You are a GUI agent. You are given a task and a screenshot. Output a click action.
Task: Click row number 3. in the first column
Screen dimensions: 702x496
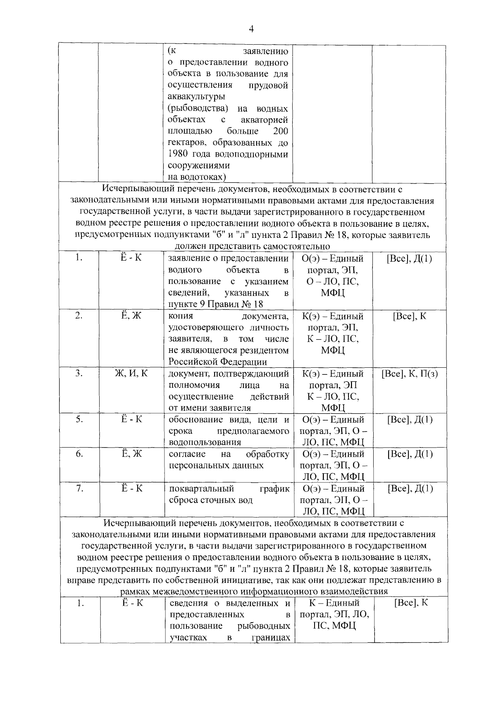click(79, 373)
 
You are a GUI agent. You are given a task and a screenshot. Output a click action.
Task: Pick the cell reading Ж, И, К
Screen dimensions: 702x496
click(131, 373)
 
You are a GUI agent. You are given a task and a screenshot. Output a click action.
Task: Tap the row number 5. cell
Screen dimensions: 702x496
click(79, 419)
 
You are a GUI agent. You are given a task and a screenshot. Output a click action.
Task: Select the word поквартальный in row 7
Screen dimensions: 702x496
click(201, 489)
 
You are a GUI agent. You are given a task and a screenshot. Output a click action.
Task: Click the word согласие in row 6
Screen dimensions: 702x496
click(187, 454)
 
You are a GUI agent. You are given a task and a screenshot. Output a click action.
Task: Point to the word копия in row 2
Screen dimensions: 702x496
click(181, 316)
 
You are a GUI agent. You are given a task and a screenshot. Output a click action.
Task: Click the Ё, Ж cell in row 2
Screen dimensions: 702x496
click(131, 316)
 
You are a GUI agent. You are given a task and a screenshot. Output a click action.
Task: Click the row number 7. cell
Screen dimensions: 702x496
click(79, 489)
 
